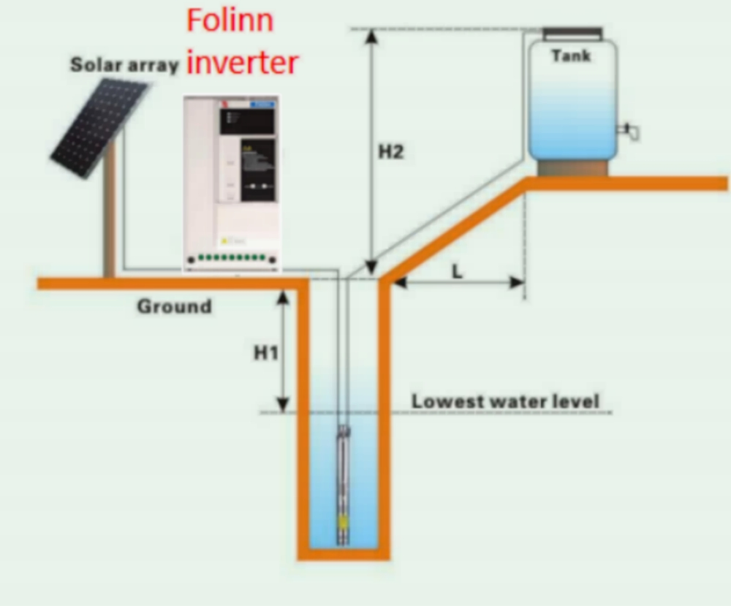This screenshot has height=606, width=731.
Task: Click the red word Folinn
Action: [x=230, y=20]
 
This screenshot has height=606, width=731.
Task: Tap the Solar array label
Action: [x=124, y=65]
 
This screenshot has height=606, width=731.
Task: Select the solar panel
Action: [x=99, y=127]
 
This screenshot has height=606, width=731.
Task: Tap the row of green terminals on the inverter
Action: [x=231, y=258]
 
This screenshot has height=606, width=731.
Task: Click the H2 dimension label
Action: [x=391, y=153]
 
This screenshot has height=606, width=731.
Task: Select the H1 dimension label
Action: [x=266, y=353]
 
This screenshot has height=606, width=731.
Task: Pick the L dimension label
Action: [x=457, y=271]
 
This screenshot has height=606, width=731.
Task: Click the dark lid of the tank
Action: [x=572, y=33]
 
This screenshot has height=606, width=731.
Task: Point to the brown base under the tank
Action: [x=572, y=168]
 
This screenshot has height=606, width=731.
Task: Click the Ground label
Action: [x=174, y=306]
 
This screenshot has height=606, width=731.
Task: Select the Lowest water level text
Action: [x=505, y=401]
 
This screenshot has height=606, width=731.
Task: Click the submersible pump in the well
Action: [x=342, y=482]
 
